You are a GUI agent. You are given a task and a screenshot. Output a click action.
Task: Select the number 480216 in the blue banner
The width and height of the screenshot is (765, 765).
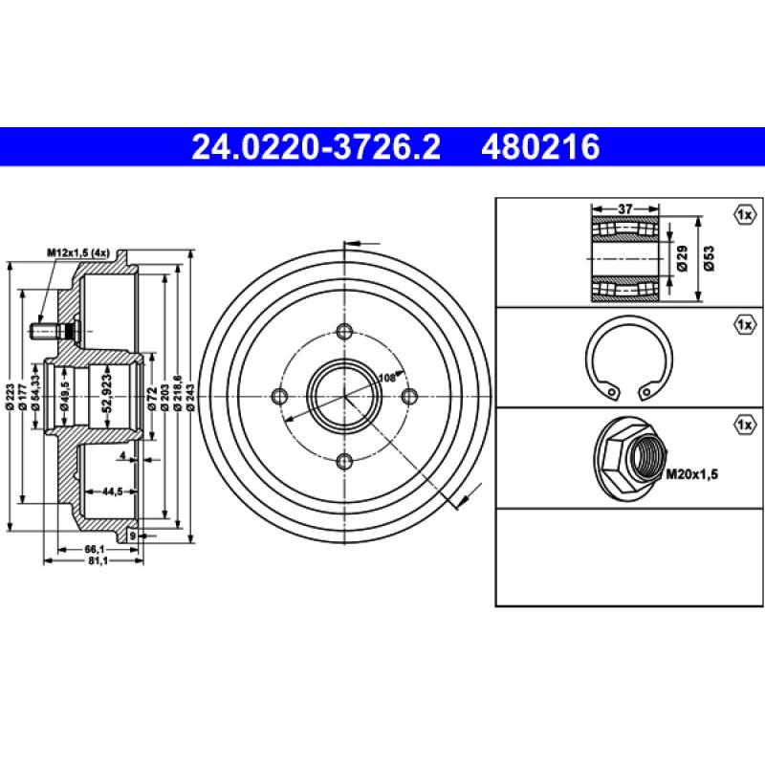tap(542, 147)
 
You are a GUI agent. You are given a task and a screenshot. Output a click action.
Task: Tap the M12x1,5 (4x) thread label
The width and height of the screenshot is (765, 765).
tap(81, 252)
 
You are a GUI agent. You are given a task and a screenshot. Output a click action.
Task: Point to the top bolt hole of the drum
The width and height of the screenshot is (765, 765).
tap(345, 332)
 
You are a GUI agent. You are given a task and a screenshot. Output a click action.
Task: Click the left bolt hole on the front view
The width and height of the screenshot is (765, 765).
tap(280, 397)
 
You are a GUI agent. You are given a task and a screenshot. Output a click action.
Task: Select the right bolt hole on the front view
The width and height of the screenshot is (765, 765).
tap(410, 397)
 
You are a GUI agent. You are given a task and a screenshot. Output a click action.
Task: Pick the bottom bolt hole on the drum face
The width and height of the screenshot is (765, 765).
tap(345, 462)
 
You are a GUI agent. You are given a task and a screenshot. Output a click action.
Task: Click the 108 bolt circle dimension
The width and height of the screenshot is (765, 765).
tap(387, 378)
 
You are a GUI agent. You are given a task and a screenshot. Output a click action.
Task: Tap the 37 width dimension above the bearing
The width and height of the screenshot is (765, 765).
tap(626, 208)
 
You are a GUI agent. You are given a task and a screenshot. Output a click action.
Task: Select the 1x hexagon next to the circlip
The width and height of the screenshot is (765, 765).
tap(746, 325)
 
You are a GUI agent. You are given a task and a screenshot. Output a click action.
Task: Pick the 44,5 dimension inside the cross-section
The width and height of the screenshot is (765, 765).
tap(111, 492)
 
